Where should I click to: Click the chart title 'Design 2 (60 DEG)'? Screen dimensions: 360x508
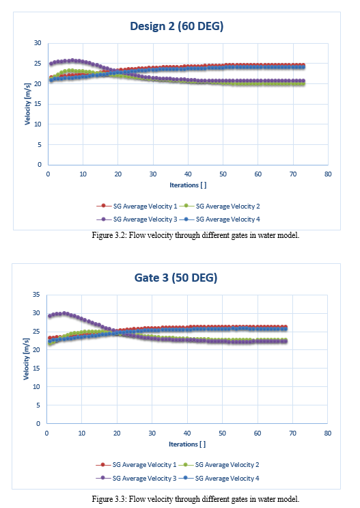(177, 26)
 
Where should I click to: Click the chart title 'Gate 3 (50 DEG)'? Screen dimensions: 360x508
(176, 278)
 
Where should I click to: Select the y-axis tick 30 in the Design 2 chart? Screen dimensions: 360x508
(38, 43)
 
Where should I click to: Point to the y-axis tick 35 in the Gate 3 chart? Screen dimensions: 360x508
(36, 295)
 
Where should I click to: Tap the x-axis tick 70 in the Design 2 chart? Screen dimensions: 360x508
(293, 174)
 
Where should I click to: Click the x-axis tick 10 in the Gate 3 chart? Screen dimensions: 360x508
(81, 433)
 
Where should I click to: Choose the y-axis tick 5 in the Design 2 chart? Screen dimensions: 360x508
(40, 144)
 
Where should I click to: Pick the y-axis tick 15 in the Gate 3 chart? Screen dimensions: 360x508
(36, 368)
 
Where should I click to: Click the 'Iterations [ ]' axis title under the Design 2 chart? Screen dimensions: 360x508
(188, 185)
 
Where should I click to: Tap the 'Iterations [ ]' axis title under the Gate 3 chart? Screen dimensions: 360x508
(187, 444)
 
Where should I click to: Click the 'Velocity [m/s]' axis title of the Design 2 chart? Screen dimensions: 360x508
(27, 104)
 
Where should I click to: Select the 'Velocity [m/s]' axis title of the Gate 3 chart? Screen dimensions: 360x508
(26, 359)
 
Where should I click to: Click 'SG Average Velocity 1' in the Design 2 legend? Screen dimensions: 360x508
(145, 206)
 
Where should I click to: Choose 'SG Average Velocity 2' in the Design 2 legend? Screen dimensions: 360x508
(228, 206)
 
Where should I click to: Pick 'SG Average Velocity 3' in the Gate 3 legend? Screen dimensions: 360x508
(144, 478)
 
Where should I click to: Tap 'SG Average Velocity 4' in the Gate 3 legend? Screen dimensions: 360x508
(227, 478)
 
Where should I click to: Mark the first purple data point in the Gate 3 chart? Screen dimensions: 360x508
(50, 316)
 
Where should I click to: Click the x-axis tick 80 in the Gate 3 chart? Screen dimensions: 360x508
(328, 433)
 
